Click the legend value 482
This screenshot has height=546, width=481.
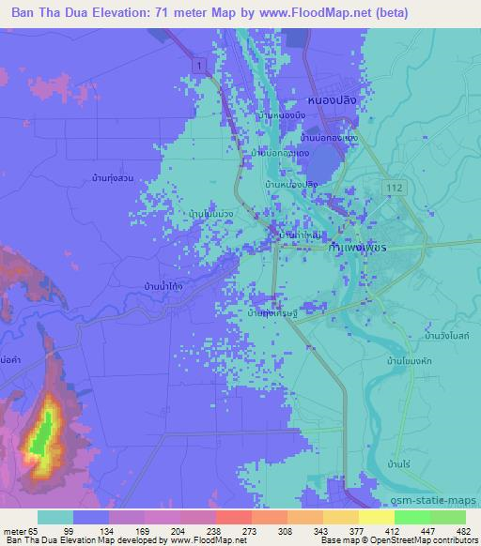coord(462,530)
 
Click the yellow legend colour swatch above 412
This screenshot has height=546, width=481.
coord(378,517)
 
